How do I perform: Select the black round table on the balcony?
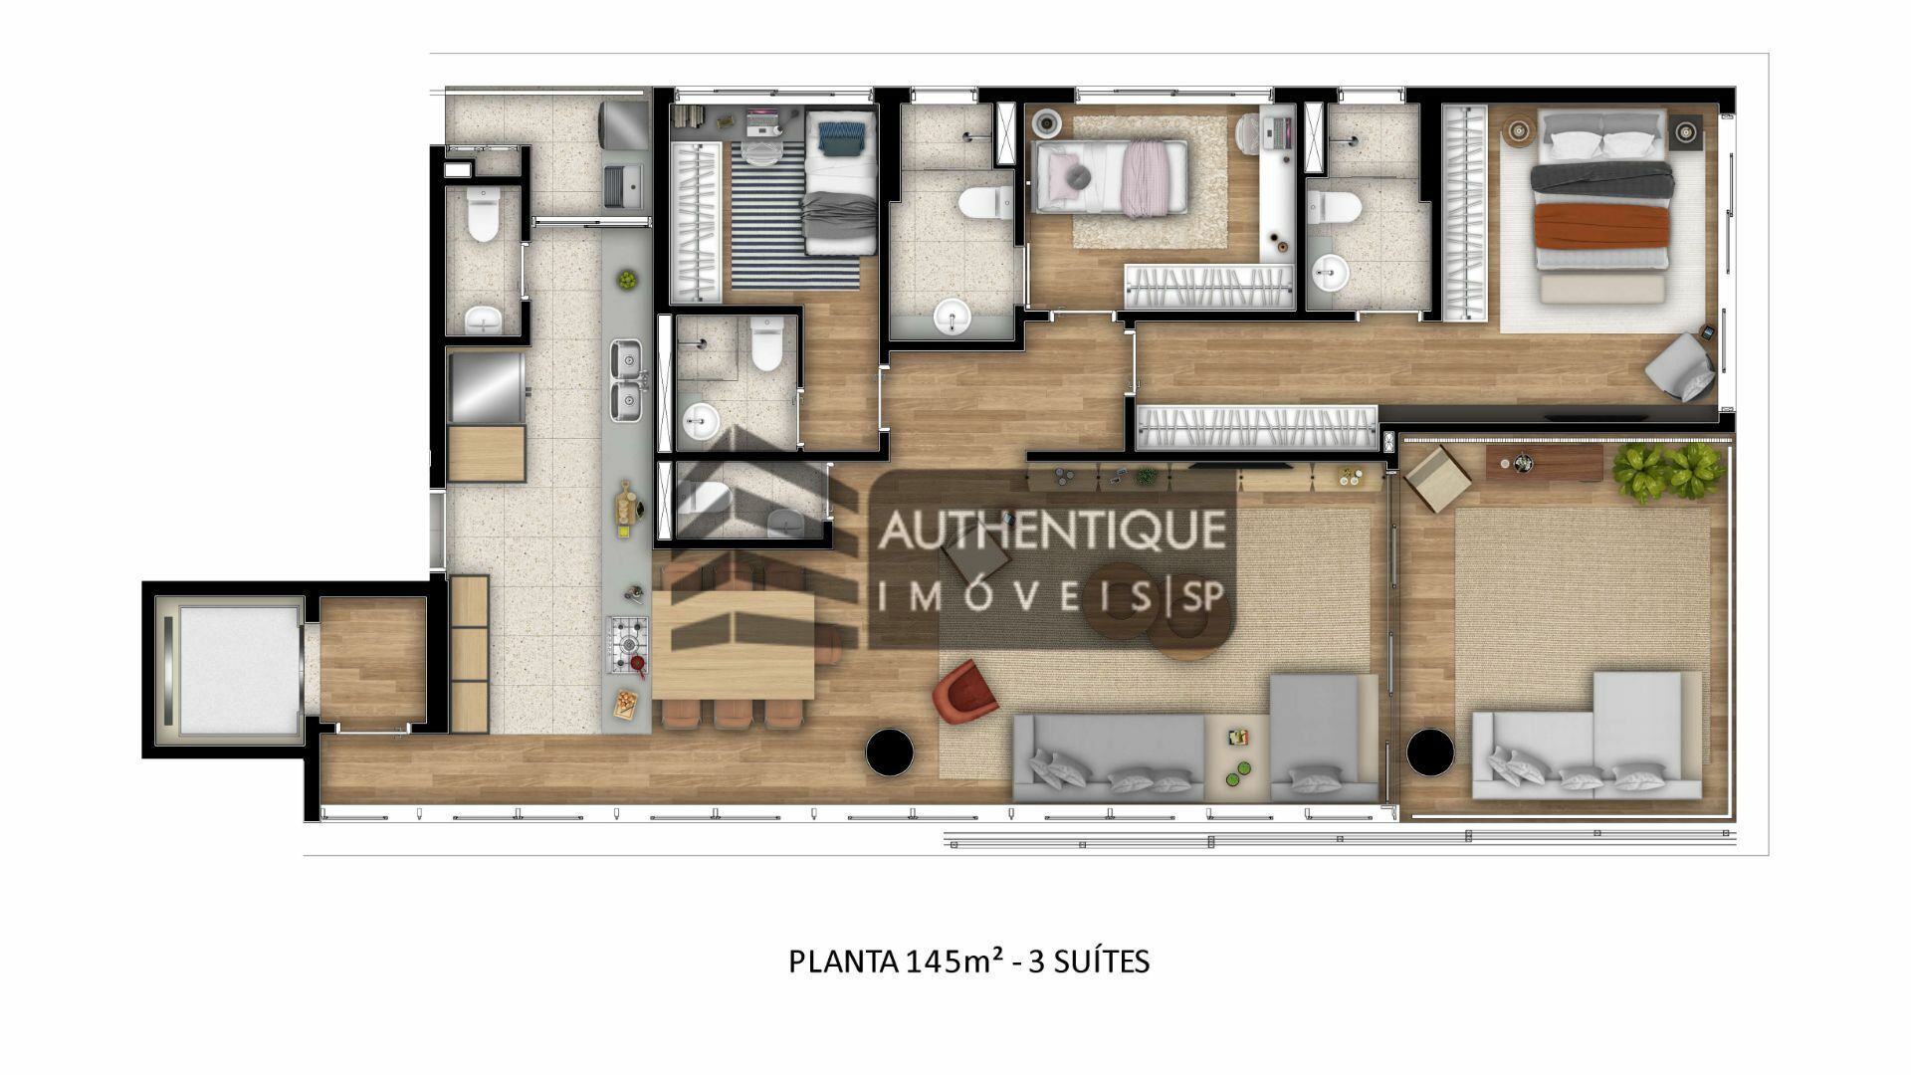1430,752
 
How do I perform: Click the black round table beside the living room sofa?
890,752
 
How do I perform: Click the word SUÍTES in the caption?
1101,962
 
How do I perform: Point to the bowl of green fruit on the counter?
627,280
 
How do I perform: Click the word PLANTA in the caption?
844,962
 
